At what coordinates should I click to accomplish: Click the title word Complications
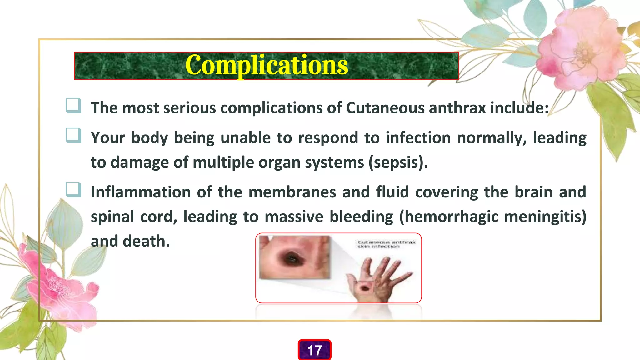point(266,65)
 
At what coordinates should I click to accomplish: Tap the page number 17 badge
point(314,350)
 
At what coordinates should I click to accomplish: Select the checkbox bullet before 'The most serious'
point(73,105)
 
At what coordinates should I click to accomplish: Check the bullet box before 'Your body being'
point(73,135)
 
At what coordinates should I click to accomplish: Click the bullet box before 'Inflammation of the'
point(73,190)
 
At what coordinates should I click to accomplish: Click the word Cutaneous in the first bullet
point(385,108)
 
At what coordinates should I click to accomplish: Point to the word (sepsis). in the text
point(398,162)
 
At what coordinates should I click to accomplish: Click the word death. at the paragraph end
point(146,241)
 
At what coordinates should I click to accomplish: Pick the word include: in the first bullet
point(519,108)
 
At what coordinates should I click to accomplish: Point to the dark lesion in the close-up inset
point(293,258)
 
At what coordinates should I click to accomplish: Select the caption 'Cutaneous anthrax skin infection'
point(386,244)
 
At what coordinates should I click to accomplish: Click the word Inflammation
point(141,192)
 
